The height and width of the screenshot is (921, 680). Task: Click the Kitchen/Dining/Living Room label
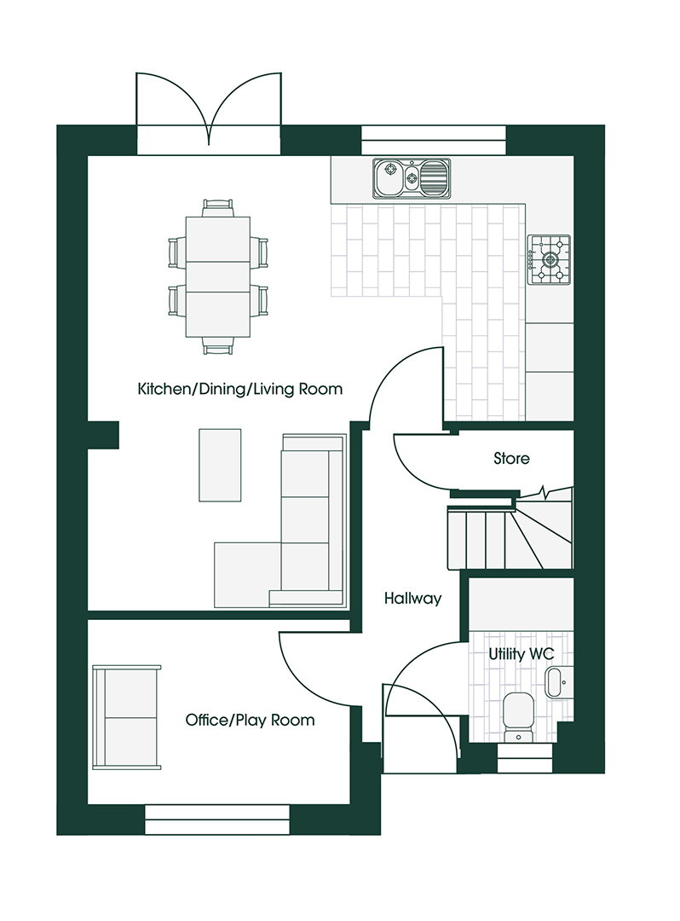tap(239, 390)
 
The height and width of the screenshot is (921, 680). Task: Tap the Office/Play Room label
tap(250, 721)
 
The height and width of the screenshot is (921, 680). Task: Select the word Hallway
tap(412, 599)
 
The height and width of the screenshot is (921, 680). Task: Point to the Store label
tap(511, 459)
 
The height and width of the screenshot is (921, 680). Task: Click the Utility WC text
tap(521, 654)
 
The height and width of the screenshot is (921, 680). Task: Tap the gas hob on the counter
tap(548, 258)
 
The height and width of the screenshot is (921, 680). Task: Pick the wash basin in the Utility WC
tap(555, 683)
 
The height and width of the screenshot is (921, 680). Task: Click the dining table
tap(218, 276)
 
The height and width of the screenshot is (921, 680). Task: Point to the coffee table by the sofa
tap(220, 465)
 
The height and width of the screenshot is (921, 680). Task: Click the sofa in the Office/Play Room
tap(127, 717)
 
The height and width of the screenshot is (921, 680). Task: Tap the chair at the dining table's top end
tap(218, 207)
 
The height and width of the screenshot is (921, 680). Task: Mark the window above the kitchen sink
tap(434, 140)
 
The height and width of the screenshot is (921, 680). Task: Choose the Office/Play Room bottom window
tap(218, 820)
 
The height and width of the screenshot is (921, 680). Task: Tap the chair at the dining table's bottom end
tap(218, 345)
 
